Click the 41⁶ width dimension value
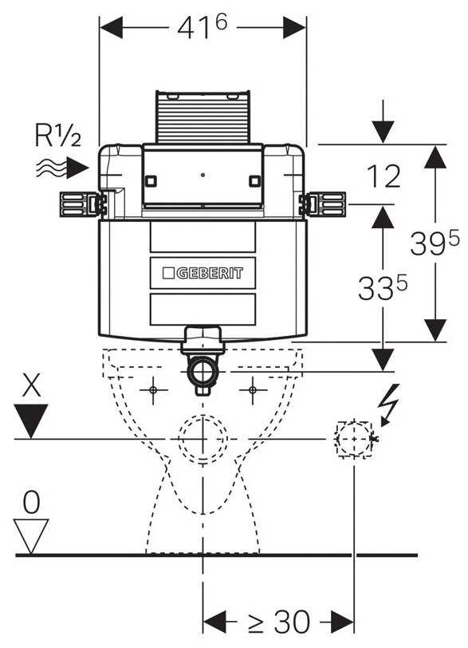203,27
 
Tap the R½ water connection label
57,135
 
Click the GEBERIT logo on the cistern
203,273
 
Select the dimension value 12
383,176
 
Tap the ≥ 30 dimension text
279,621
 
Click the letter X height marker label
31,385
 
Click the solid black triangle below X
31,421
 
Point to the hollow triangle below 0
31,536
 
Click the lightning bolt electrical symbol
390,405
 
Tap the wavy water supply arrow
62,168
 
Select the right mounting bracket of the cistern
322,204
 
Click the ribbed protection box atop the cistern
203,117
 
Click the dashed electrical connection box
354,439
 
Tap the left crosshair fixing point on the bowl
153,389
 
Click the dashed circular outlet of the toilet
203,439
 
